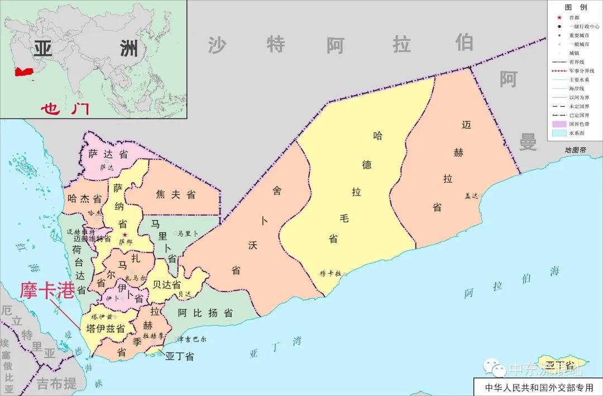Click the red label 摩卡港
tap(47, 290)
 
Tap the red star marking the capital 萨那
tap(125, 235)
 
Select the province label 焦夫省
tap(175, 194)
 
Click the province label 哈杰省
tap(84, 198)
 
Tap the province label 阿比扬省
tap(205, 313)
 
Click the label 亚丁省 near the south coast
tap(179, 356)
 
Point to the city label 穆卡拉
tap(330, 273)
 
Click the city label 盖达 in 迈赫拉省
tap(472, 195)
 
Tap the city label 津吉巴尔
tap(192, 339)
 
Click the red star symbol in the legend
tap(559, 18)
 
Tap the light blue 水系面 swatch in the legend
tap(559, 133)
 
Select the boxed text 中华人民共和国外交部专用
tap(535, 387)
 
